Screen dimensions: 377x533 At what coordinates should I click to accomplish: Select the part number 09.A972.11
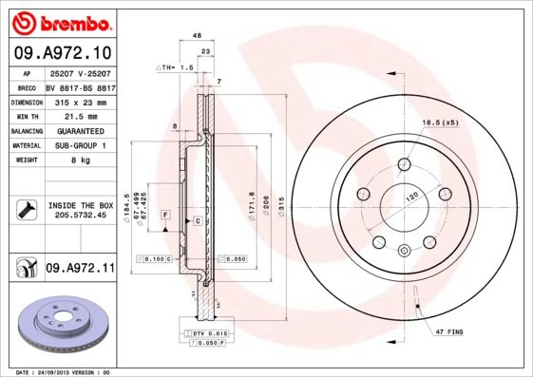point(80,270)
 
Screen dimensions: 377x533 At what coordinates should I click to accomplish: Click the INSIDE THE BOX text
point(80,205)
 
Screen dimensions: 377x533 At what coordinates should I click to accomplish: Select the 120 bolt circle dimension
point(412,195)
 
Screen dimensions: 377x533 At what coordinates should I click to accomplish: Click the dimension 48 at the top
point(197,35)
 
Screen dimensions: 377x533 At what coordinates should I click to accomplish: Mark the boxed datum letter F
point(165,217)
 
